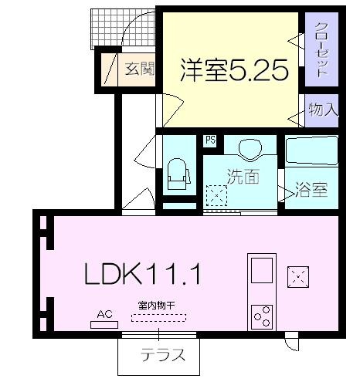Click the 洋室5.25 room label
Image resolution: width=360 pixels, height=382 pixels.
click(x=234, y=70)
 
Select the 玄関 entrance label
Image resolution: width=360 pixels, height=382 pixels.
click(x=139, y=68)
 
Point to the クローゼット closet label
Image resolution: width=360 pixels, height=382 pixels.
click(x=321, y=49)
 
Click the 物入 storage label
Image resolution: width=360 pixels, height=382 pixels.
click(x=323, y=110)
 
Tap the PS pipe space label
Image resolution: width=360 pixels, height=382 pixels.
click(x=209, y=140)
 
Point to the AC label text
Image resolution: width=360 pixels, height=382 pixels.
click(x=104, y=313)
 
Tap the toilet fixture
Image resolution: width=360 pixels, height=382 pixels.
click(x=178, y=174)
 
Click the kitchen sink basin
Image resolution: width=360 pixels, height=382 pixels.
click(x=260, y=270)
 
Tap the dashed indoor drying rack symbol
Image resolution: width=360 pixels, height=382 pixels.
click(x=158, y=317)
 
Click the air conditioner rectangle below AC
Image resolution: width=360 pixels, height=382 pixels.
click(x=104, y=324)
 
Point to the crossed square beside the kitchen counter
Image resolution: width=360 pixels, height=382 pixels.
click(x=297, y=276)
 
